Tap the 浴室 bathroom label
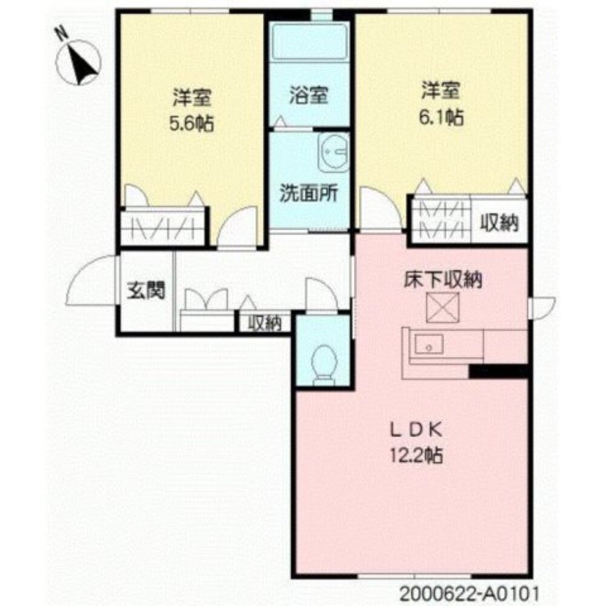click(x=308, y=95)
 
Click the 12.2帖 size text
click(x=416, y=454)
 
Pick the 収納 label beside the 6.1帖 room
click(x=499, y=224)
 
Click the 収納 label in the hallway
click(x=265, y=324)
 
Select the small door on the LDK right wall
click(x=542, y=307)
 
